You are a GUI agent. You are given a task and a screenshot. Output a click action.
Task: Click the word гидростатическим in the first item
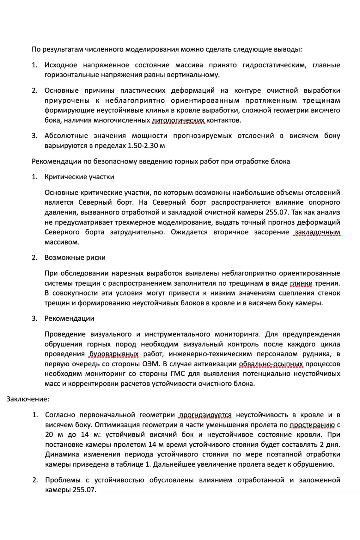[x=274, y=65]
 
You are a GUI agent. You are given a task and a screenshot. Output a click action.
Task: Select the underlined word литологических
[x=178, y=120]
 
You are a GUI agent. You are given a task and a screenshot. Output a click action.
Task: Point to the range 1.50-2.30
[x=143, y=146]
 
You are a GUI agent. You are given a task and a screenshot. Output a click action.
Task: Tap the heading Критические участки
[x=79, y=177]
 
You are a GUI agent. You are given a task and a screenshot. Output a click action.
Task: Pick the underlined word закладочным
[x=317, y=232]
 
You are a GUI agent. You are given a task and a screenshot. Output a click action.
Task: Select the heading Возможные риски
[x=75, y=258]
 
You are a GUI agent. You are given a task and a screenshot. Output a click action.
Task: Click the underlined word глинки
[x=301, y=283]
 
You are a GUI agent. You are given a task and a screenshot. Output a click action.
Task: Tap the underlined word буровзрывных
[x=114, y=354]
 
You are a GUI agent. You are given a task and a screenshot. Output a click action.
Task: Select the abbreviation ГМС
[x=178, y=374]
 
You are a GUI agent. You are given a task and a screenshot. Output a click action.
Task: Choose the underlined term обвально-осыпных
[x=271, y=364]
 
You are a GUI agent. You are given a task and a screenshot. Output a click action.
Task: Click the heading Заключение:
[x=28, y=399]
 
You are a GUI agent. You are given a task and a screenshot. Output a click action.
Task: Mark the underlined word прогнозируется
[x=205, y=415]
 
